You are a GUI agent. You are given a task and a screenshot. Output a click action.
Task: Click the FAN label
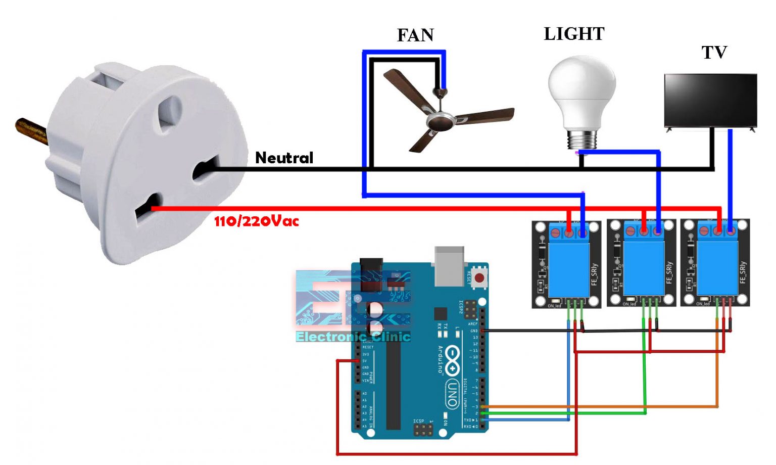[x=415, y=35]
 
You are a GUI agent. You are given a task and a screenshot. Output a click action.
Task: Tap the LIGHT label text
[x=574, y=34]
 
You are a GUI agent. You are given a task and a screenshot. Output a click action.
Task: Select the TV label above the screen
[x=714, y=52]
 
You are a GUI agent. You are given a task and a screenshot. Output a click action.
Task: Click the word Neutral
[x=284, y=158]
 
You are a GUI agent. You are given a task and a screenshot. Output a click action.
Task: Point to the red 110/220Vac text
[x=256, y=221]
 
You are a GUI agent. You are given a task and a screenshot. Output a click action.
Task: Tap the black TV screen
[x=710, y=100]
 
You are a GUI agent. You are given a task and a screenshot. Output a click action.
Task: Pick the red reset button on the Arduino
[x=479, y=277]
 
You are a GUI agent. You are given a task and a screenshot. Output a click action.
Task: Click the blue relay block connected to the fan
[x=568, y=268]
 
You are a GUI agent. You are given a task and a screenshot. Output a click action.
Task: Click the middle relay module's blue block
[x=643, y=268]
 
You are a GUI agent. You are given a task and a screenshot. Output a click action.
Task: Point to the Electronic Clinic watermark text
[x=353, y=337]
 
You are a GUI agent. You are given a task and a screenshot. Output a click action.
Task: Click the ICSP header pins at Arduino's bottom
[x=423, y=430]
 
